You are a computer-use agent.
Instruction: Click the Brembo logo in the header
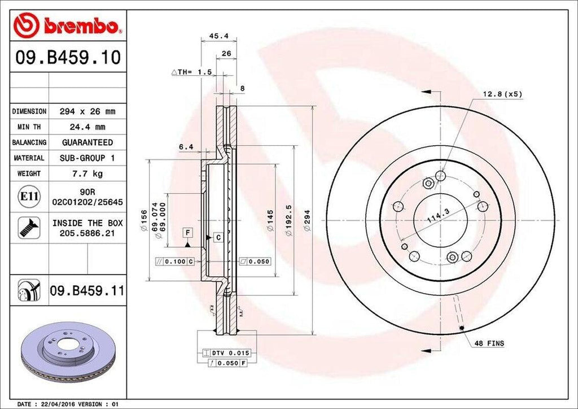68,26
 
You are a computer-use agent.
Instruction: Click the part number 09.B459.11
86,291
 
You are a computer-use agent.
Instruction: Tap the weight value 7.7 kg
87,173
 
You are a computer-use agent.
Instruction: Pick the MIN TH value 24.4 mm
87,127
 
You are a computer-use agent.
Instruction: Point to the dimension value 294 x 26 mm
87,111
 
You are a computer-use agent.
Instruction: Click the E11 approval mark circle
29,197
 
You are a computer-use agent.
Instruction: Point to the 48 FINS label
489,343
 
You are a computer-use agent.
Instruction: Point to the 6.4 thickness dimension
186,147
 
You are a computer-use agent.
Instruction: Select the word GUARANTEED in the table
87,142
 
